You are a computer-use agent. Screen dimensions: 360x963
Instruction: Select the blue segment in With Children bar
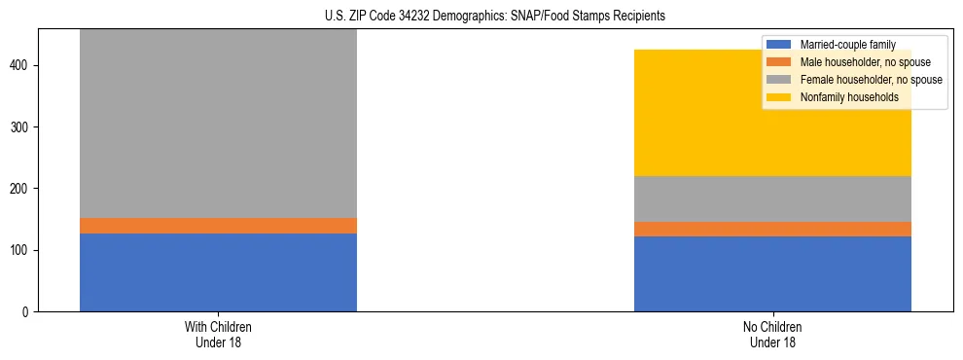coord(218,272)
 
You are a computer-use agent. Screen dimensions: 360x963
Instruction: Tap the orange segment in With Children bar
coord(218,226)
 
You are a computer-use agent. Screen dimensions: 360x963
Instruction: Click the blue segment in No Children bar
coord(772,273)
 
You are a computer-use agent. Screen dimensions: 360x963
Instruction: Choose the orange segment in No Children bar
coord(772,229)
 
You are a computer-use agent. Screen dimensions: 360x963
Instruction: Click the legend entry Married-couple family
coord(846,45)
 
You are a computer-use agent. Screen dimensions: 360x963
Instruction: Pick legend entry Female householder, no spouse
coord(869,80)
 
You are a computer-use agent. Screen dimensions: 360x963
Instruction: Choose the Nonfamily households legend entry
coord(849,97)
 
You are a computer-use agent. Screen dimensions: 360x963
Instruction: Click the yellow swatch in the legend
coord(779,97)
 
